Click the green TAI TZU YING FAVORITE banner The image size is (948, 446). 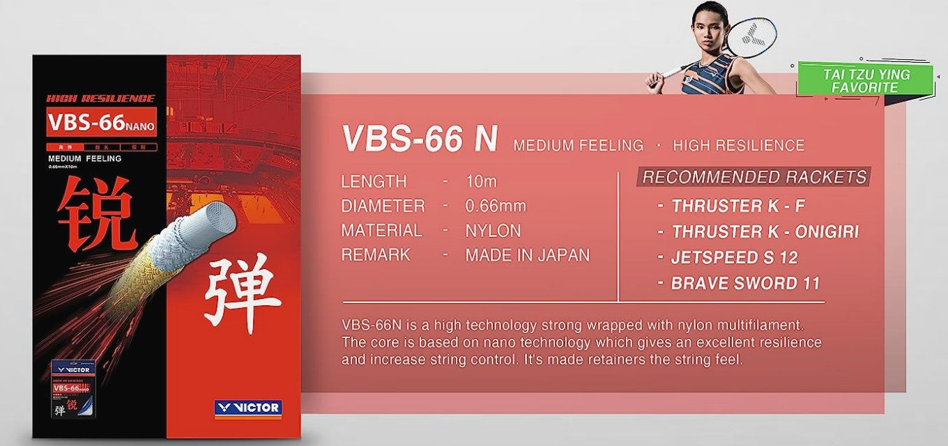coord(865,80)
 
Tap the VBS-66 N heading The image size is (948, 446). coord(419,139)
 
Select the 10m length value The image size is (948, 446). coord(481,181)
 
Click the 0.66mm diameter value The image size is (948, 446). coord(495,206)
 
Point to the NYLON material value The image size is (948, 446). coord(493,231)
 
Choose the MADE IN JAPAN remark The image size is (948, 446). coord(527,255)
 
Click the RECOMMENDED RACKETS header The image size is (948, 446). coord(754,177)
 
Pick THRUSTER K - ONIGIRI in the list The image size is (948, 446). coord(765,232)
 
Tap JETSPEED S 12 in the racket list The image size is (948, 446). coord(734,258)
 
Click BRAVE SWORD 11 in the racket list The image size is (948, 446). coord(745,284)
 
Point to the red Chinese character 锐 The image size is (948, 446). coord(96,215)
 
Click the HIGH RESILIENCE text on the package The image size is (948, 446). coord(100,98)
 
